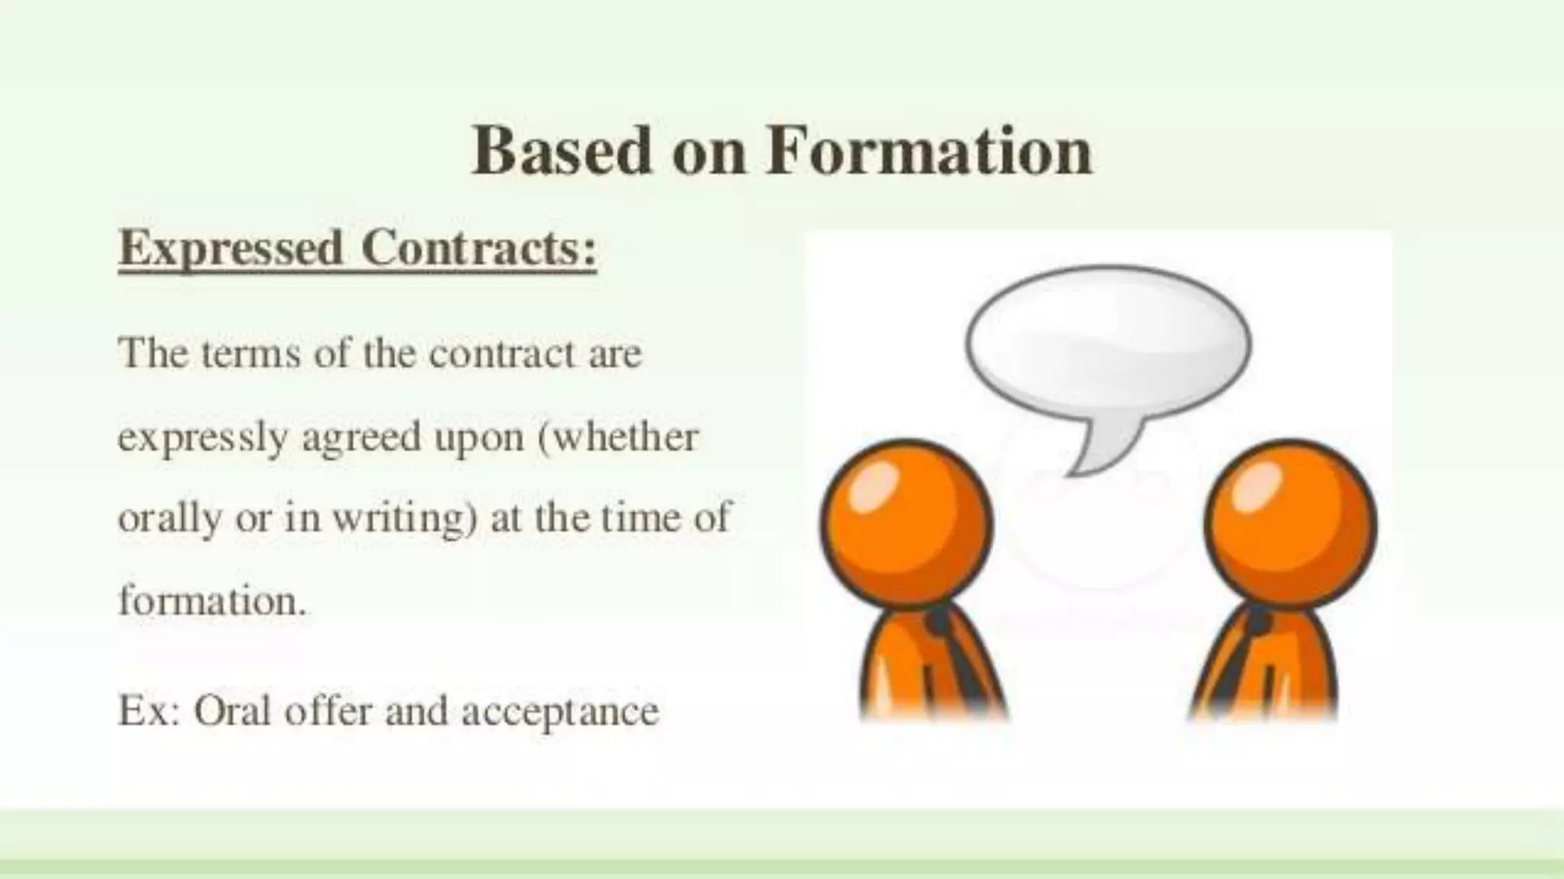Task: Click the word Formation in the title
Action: tap(929, 150)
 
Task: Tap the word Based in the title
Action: tap(561, 150)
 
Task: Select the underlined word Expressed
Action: tap(231, 250)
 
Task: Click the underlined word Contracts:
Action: tap(479, 249)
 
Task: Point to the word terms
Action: tap(251, 354)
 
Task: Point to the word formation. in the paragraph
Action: tap(212, 601)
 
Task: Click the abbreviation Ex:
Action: tap(148, 711)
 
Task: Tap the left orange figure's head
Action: tap(906, 523)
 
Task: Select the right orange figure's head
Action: tap(1291, 523)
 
